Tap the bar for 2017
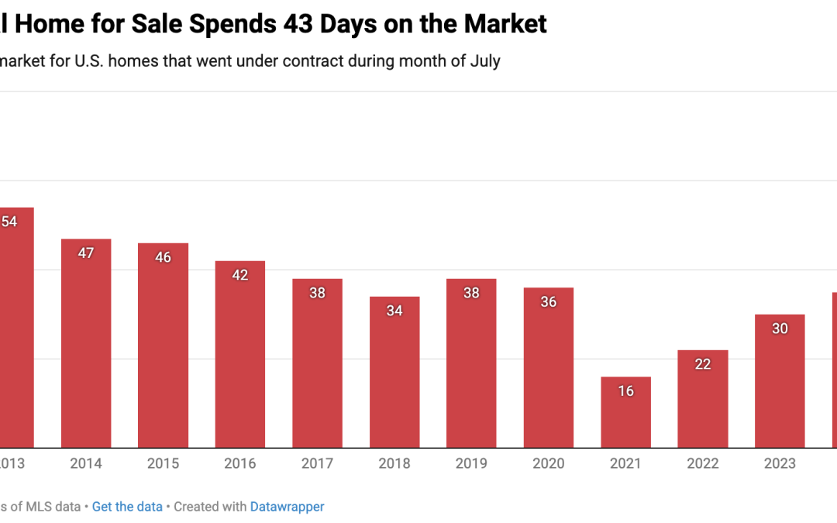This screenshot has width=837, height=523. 317,363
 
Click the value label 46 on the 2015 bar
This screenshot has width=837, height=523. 163,257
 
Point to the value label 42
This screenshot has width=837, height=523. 240,275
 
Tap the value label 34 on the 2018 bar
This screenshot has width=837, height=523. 394,311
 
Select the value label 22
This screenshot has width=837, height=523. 703,364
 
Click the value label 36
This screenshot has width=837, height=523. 549,302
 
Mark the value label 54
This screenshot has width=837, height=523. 9,222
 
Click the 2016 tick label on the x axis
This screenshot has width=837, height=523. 240,463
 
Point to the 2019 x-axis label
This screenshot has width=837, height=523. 471,463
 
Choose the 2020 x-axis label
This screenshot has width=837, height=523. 549,463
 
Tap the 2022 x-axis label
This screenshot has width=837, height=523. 703,463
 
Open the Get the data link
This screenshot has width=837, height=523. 127,507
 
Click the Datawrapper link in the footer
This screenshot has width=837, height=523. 287,507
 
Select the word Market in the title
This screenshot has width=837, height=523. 505,24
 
